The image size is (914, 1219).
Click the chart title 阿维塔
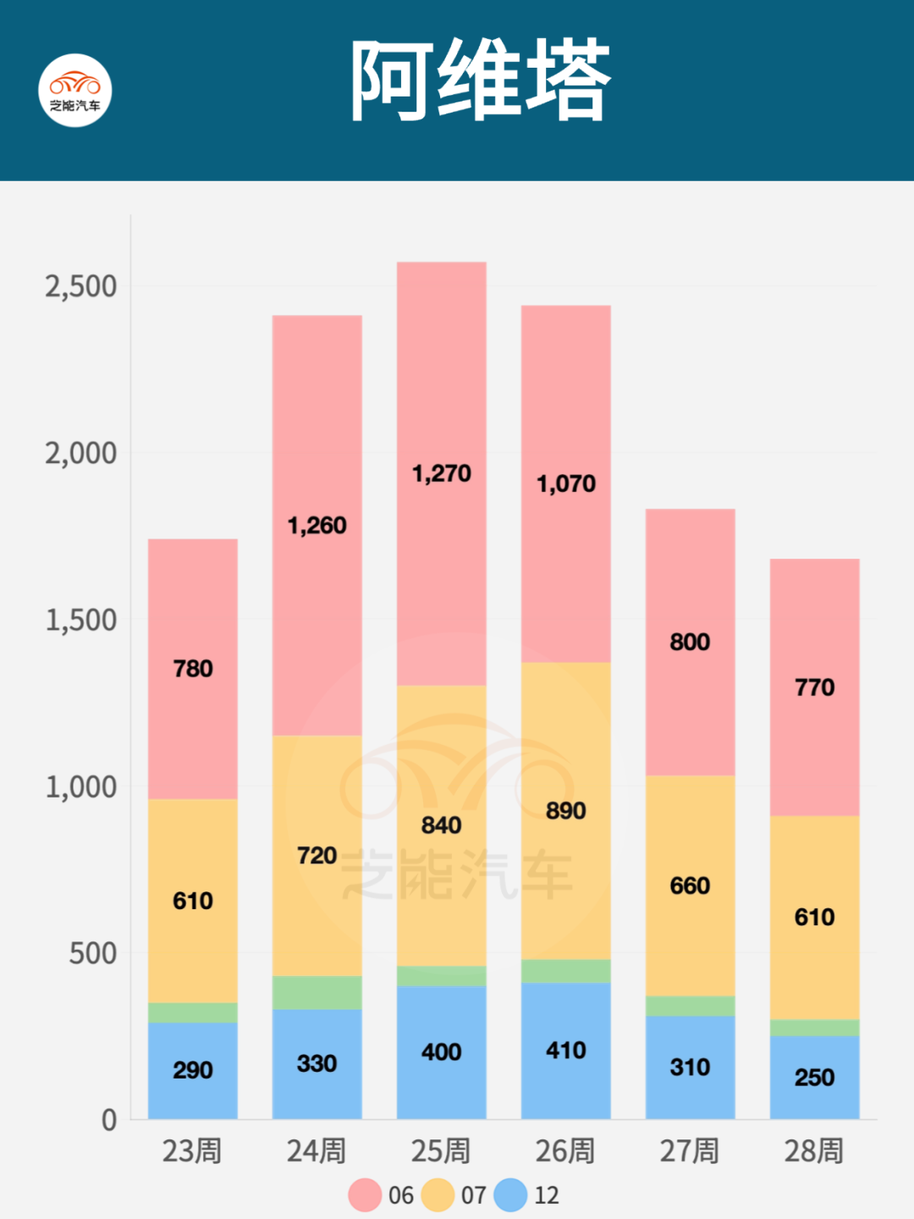tap(480, 81)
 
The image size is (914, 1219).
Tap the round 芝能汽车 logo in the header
tap(75, 91)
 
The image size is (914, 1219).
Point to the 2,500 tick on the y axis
tap(81, 287)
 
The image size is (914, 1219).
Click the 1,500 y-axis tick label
tap(81, 621)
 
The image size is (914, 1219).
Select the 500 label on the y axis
tap(92, 954)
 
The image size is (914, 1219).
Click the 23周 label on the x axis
tap(192, 1151)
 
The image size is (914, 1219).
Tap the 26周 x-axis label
tap(565, 1151)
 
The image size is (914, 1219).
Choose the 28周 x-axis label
tap(814, 1151)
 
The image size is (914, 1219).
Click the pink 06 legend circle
tap(365, 1195)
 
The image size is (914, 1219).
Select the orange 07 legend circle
tap(438, 1195)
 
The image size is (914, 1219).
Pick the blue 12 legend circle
tap(510, 1195)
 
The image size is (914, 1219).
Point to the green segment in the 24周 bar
tap(317, 992)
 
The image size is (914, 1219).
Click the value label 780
tap(193, 669)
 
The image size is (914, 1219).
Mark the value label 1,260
tap(317, 526)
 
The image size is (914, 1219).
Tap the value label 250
tap(814, 1078)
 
